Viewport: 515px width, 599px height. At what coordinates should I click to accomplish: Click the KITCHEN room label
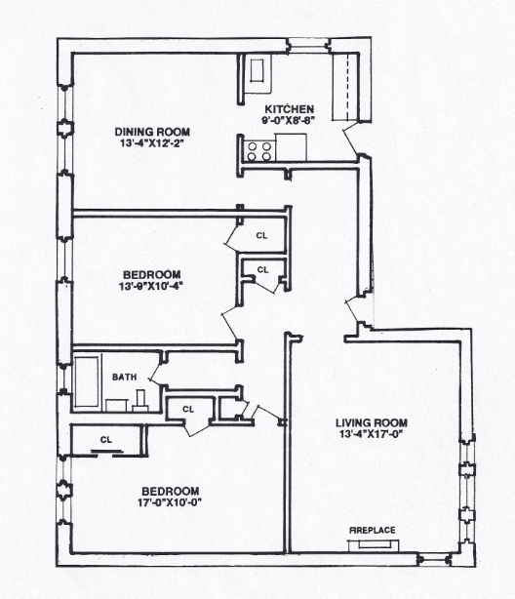click(x=288, y=109)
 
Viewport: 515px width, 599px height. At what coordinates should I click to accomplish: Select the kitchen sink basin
click(x=258, y=71)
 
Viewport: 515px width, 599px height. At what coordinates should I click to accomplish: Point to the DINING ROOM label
click(x=151, y=133)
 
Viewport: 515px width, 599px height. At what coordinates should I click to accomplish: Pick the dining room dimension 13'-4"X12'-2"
click(x=151, y=144)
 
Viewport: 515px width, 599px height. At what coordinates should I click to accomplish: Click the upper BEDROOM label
click(x=148, y=273)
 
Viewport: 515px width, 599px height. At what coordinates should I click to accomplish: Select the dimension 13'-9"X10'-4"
click(x=148, y=285)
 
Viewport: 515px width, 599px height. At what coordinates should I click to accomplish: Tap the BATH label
click(x=124, y=377)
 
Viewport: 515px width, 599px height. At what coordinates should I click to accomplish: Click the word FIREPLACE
click(x=373, y=530)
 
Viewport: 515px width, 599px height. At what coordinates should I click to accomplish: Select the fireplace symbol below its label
click(x=373, y=541)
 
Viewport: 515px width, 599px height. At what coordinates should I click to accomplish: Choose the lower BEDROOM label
click(x=171, y=491)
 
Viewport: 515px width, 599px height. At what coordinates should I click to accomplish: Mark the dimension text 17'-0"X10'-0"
click(x=171, y=502)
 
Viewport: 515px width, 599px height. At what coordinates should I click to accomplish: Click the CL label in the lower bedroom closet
click(x=105, y=439)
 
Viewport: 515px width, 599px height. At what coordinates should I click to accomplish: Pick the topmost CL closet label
click(x=261, y=235)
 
